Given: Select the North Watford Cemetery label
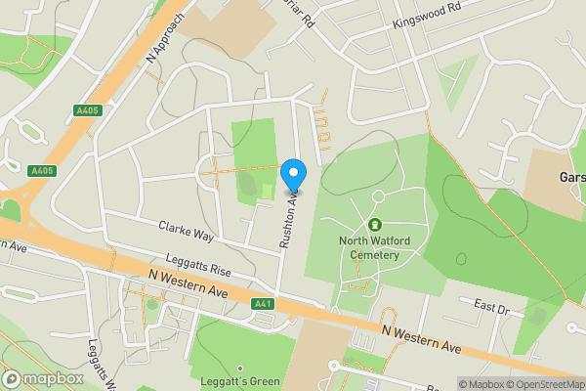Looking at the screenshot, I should pyautogui.click(x=369, y=248).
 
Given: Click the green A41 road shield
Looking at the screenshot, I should pyautogui.click(x=262, y=304).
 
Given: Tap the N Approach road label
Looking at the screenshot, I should pyautogui.click(x=166, y=40).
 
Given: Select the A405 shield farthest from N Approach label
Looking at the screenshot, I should pyautogui.click(x=42, y=171).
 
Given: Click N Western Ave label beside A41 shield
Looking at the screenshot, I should pyautogui.click(x=194, y=288).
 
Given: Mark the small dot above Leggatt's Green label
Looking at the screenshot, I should pyautogui.click(x=240, y=369).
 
